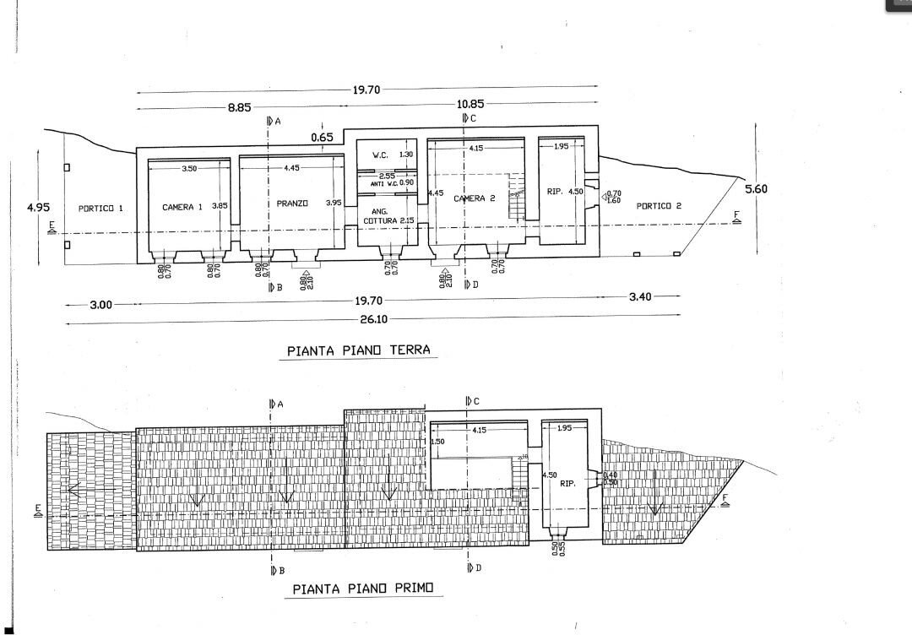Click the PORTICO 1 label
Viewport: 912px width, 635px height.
[x=100, y=207]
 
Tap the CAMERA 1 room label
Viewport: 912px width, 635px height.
[x=182, y=207]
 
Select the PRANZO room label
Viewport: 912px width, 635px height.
[x=291, y=204]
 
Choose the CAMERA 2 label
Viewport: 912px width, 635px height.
[x=470, y=198]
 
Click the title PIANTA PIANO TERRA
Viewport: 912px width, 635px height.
[x=358, y=350]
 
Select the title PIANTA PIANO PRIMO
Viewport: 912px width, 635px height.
[x=361, y=589]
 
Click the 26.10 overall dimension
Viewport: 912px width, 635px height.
[x=372, y=320]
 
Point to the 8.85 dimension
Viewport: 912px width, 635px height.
[x=239, y=108]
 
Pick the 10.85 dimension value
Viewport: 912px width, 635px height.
[x=471, y=104]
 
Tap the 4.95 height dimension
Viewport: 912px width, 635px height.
[x=38, y=206]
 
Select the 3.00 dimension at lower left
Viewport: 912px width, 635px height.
[x=101, y=305]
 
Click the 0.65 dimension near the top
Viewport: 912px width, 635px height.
[x=322, y=137]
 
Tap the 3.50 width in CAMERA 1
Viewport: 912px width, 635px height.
[x=189, y=169]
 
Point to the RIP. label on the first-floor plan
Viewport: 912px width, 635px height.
[x=567, y=484]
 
